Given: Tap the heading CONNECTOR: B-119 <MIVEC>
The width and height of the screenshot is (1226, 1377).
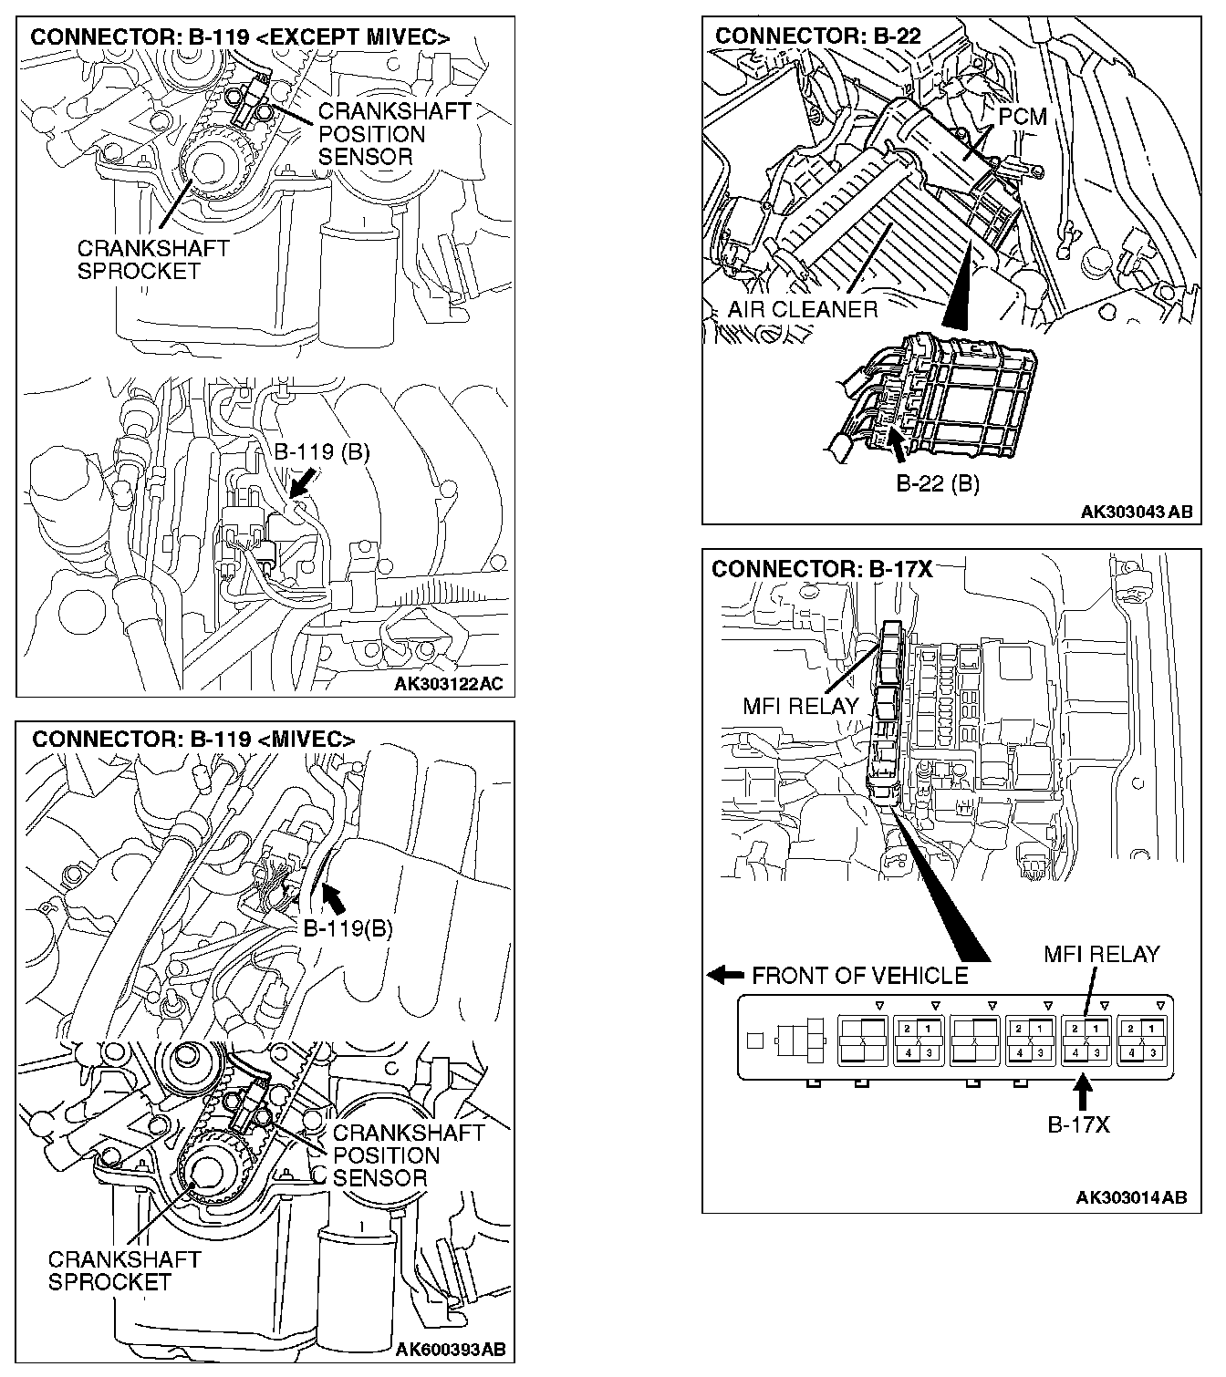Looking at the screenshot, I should pos(192,739).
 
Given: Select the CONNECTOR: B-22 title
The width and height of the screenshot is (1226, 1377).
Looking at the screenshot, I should pos(817,36).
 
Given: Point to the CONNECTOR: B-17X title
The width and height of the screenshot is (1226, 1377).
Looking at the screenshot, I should pos(822,569).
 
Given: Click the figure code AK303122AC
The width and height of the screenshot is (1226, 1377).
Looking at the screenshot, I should pos(448,684).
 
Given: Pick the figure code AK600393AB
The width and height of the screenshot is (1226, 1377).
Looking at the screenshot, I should pos(450,1349).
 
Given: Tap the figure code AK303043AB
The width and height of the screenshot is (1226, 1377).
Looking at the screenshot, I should pos(1136,512).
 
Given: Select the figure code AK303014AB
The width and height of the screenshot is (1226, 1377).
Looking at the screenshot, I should pos(1131,1197).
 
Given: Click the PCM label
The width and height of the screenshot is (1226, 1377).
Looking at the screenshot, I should pos(1022,117).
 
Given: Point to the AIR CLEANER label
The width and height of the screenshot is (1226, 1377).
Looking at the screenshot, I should pos(802,309).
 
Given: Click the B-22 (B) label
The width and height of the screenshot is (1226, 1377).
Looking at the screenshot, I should pos(937,483).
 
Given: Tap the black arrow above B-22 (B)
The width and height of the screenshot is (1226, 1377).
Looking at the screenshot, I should pos(899,447).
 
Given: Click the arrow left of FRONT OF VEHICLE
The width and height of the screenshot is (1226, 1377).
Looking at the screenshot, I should pos(725,975).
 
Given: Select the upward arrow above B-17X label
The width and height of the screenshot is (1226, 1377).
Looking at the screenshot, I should pos(1082,1091).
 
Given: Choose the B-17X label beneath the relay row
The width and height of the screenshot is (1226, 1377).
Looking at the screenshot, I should pos(1078,1124).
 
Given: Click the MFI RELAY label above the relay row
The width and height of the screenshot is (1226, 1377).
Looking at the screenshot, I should pos(1101,954).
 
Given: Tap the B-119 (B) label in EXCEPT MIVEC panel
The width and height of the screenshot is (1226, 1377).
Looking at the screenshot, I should pos(322,452).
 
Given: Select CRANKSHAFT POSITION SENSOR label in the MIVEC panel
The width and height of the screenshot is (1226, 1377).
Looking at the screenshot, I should pos(408,1155).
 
